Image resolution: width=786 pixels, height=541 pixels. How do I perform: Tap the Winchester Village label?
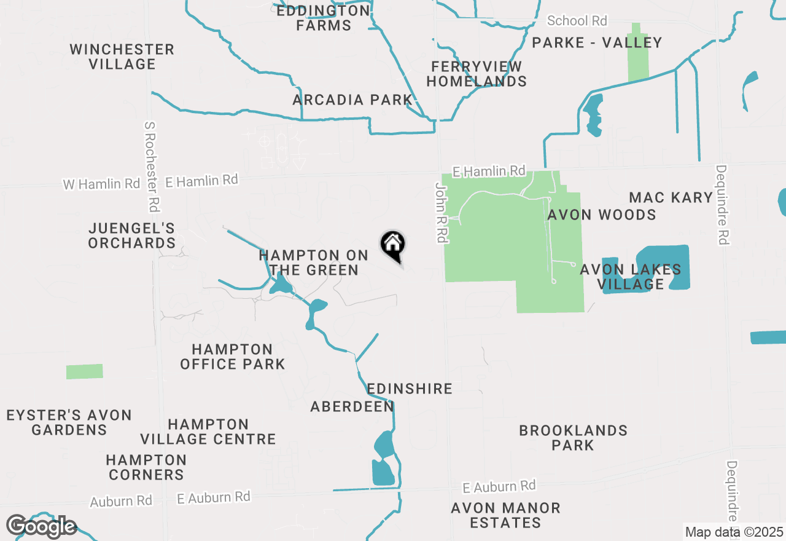coord(122,57)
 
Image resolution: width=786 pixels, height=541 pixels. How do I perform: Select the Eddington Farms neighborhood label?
coord(323,18)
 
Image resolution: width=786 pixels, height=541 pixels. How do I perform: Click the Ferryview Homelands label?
coord(477,74)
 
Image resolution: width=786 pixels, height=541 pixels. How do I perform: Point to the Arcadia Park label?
coord(352,100)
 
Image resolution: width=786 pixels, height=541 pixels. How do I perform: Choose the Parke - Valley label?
coord(597,42)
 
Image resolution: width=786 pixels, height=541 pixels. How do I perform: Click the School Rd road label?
coord(577,21)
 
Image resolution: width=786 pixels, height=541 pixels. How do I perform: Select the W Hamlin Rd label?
coord(101,184)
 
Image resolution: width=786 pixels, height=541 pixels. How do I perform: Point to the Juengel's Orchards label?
coord(131,235)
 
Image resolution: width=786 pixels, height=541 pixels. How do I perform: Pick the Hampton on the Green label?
coord(313,263)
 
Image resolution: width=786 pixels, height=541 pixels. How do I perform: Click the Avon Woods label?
coord(601,215)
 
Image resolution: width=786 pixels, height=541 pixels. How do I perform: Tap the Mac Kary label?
coord(671,197)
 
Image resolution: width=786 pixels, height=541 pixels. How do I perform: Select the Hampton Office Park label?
coord(233,357)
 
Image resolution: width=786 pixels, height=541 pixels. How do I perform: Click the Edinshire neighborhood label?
coord(410,389)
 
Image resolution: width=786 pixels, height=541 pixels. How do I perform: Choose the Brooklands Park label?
coord(573,437)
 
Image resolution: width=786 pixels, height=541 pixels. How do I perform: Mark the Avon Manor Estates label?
coord(505,515)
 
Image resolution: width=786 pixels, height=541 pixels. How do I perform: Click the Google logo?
coord(41,526)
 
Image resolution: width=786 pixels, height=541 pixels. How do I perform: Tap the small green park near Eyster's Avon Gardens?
coord(85,371)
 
